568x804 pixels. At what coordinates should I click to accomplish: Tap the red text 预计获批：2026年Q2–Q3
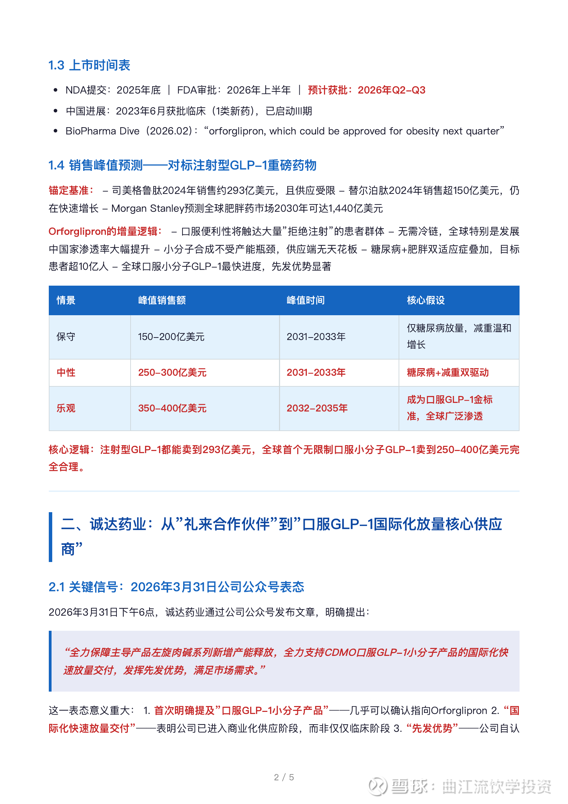pos(366,90)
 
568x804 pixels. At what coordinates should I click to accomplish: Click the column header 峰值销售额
pos(162,300)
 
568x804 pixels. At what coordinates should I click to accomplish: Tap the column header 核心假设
pos(425,300)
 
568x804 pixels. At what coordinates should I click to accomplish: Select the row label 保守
pos(66,337)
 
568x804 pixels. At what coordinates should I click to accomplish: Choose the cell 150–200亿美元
pos(171,337)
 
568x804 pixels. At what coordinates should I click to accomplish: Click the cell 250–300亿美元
pos(172,373)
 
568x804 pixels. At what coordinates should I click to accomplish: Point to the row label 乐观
pos(66,408)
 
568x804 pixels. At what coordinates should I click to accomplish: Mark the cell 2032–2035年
pos(317,408)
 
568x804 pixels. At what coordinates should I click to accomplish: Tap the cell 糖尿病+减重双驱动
pos(447,373)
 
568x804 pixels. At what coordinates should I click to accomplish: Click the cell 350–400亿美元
pos(172,408)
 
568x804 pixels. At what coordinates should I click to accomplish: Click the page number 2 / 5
pos(284,778)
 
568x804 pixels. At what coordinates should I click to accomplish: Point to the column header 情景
pos(66,300)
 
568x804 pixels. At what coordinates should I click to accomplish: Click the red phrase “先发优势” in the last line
pos(432,729)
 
